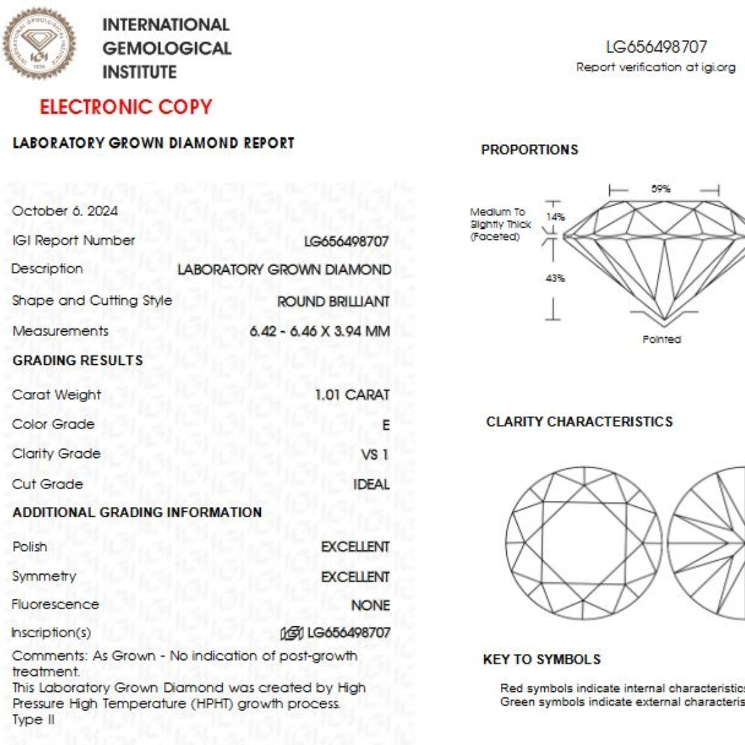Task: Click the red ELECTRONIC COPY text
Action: click(126, 107)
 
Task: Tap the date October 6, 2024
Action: click(65, 211)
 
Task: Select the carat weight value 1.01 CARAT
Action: click(352, 395)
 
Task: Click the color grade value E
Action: click(386, 425)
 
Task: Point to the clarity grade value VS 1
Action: click(375, 455)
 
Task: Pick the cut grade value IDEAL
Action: click(371, 484)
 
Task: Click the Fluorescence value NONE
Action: click(370, 606)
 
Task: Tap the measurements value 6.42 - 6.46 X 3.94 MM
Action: click(319, 331)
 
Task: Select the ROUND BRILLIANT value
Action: click(333, 301)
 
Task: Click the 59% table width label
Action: click(661, 189)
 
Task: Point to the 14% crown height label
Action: click(555, 217)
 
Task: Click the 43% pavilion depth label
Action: click(555, 278)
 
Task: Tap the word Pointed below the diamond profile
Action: click(662, 339)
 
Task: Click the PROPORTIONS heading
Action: click(529, 150)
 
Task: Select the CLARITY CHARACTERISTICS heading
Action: click(579, 421)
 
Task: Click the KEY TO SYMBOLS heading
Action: click(542, 659)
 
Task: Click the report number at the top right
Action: click(656, 47)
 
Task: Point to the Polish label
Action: click(30, 547)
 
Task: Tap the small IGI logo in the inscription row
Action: click(292, 633)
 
